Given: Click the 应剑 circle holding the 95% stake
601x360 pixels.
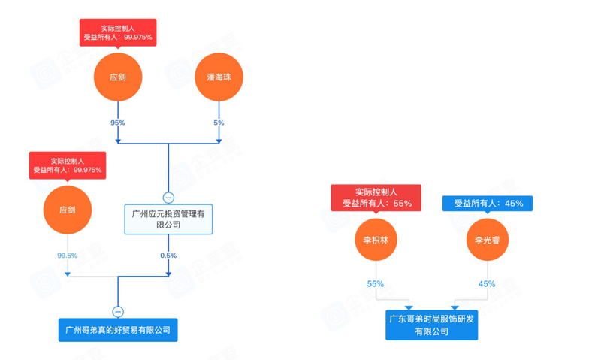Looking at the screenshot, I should click(118, 78).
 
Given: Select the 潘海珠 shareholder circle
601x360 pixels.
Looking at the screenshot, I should click(219, 78).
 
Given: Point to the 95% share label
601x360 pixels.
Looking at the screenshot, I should click(118, 122).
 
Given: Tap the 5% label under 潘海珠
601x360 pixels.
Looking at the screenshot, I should click(219, 122).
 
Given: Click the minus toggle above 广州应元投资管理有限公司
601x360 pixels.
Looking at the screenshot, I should click(168, 198).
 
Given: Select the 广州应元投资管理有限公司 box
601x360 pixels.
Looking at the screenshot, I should click(168, 219).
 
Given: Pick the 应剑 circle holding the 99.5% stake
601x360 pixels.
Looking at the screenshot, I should click(67, 211).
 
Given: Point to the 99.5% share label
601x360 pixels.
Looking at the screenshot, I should click(67, 256).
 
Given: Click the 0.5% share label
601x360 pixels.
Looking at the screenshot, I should click(168, 256).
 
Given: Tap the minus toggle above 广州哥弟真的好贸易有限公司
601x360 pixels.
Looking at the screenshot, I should click(118, 311).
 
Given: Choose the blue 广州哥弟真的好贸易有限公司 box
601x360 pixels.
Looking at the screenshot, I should click(118, 330).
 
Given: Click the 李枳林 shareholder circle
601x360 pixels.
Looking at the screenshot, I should click(376, 241).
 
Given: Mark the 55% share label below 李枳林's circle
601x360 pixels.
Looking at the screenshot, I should click(376, 284).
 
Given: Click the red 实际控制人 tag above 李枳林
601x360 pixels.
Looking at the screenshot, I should click(376, 198).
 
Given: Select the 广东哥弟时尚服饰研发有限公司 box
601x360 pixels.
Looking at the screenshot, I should click(431, 325).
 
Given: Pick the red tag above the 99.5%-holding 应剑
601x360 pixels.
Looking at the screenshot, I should click(67, 166).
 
